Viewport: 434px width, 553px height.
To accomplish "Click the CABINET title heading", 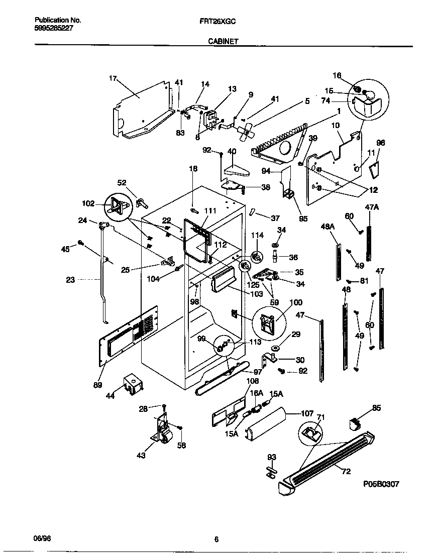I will pyautogui.click(x=223, y=43).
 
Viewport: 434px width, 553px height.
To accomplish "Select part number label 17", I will pyautogui.click(x=113, y=78).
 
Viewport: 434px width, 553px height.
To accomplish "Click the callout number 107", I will pyautogui.click(x=307, y=414).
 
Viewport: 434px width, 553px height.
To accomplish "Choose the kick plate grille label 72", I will pyautogui.click(x=347, y=471).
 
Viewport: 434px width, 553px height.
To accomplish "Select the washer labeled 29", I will pyautogui.click(x=276, y=348).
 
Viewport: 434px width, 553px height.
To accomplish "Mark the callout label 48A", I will pyautogui.click(x=328, y=227).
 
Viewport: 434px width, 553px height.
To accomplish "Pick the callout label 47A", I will pyautogui.click(x=371, y=206).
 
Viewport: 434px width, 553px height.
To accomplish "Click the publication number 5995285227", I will pyautogui.click(x=54, y=29).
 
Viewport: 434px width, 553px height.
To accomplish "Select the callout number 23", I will pyautogui.click(x=70, y=280).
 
